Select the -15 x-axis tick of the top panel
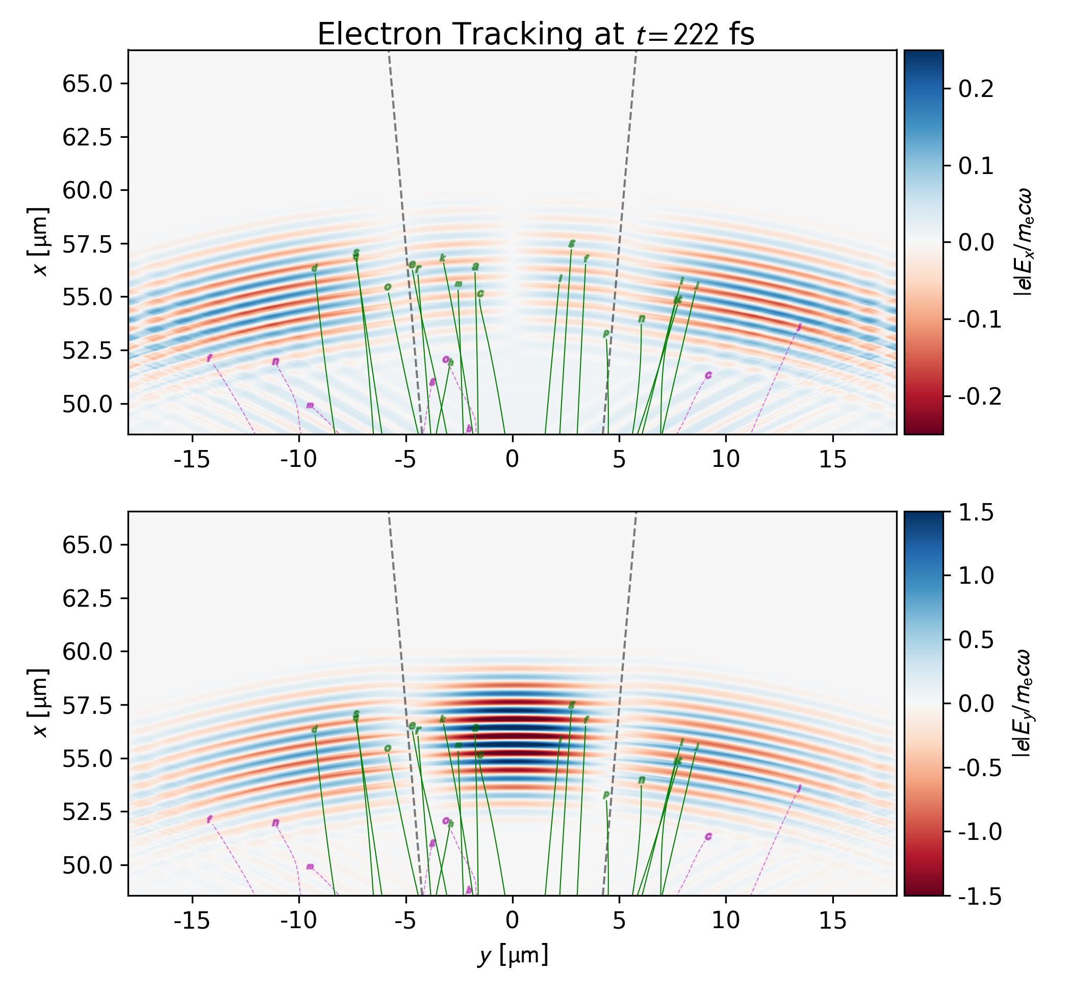(x=192, y=460)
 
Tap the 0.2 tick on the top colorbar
(x=976, y=89)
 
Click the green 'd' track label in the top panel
(x=315, y=268)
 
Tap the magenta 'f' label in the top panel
(x=210, y=358)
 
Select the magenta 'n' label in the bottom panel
(x=275, y=823)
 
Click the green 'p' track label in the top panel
(x=606, y=333)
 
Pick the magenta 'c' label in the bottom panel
(x=708, y=837)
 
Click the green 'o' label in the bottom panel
(x=388, y=749)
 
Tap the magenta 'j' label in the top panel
(x=799, y=327)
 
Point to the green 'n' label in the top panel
(x=642, y=319)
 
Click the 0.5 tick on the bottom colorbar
(x=976, y=640)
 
